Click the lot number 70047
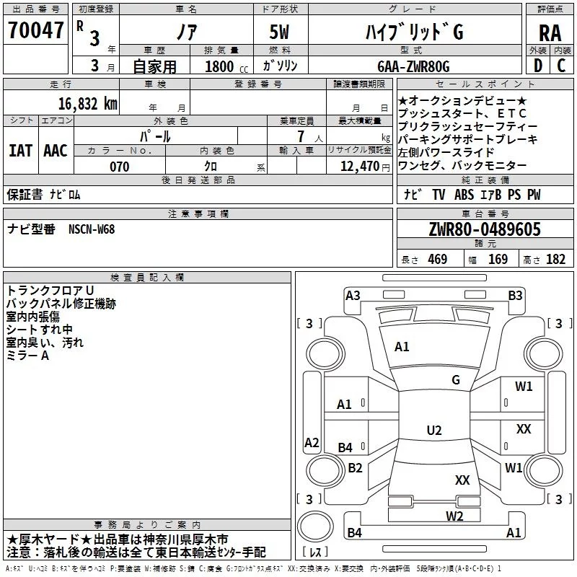coord(35,30)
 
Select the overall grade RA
coord(550,33)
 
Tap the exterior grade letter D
coord(538,66)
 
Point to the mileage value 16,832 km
coord(87,104)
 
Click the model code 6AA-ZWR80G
coord(413,66)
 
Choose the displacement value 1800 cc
coord(226,66)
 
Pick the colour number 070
coord(120,167)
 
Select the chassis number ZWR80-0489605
coord(485,229)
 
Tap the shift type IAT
coord(20,151)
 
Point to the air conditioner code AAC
coord(56,151)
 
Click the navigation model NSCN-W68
coord(92,229)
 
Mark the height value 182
coord(555,259)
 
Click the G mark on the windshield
coord(456,380)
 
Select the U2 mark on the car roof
coord(434,430)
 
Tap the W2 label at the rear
coord(454,516)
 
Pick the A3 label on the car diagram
coord(353,295)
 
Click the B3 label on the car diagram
coord(515,295)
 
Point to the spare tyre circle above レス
coord(315,526)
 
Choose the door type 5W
coord(279,32)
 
